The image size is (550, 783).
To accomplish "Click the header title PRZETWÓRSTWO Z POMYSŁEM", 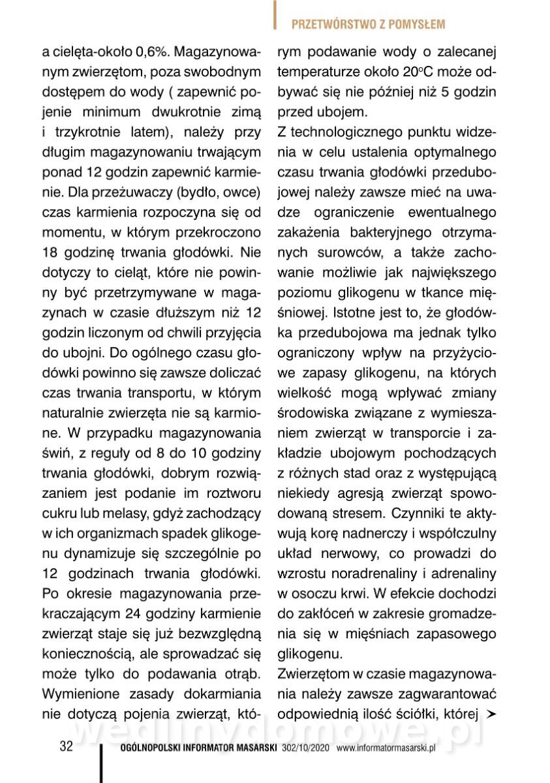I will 368,25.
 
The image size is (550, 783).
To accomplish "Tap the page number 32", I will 66,747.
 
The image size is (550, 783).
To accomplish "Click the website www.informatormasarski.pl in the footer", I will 386,748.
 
